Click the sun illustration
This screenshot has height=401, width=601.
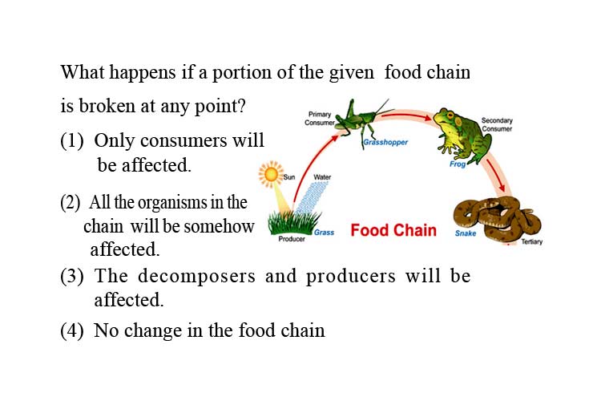pos(271,174)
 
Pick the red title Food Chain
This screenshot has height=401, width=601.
pos(393,230)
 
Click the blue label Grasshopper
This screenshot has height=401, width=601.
pos(385,143)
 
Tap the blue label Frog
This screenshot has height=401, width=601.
pos(458,164)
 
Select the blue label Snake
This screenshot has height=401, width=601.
pos(466,233)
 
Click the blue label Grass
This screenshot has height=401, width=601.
pos(325,233)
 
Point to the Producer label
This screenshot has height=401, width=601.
pos(292,239)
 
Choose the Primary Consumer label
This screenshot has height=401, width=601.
pos(320,119)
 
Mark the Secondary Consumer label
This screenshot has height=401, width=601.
pos(497,125)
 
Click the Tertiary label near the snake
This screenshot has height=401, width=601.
pos(532,241)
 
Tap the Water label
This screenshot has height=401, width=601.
pos(322,177)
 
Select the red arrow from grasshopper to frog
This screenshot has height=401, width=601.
pos(407,114)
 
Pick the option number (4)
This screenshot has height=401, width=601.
pos(71,330)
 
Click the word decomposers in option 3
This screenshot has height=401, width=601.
pos(196,276)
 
